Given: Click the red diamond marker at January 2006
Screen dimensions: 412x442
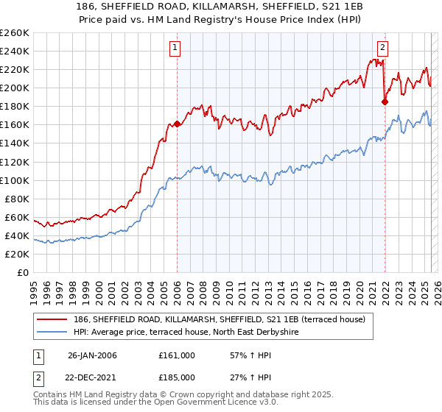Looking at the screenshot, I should point(177,124).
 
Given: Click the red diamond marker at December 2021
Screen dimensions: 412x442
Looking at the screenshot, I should point(385,102).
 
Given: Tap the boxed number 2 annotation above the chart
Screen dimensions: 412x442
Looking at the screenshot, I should point(383,49).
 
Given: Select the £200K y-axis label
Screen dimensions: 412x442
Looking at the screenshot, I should point(15,88).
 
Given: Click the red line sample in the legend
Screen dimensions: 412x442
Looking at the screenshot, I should point(54,318).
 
